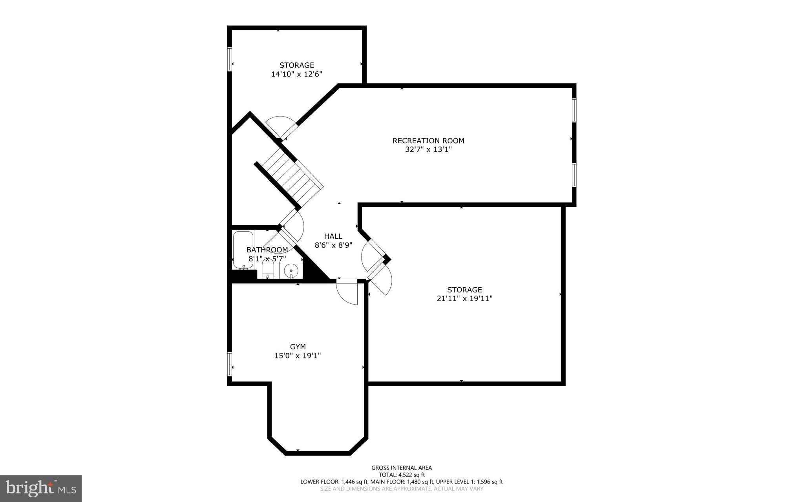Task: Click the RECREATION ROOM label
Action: [x=428, y=141]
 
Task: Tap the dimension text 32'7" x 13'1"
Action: [x=428, y=150]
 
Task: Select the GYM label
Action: [x=298, y=347]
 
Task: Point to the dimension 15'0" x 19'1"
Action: [x=298, y=356]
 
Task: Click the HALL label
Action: [x=333, y=236]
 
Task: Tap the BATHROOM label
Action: [x=267, y=250]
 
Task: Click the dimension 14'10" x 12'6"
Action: [x=296, y=74]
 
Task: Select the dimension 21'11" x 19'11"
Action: [x=464, y=298]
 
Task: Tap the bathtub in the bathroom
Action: [x=243, y=250]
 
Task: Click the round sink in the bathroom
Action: [x=291, y=270]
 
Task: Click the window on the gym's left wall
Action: [x=230, y=364]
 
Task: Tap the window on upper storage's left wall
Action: [x=230, y=59]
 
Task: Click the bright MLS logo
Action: [x=41, y=488]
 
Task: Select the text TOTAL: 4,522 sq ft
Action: [x=402, y=475]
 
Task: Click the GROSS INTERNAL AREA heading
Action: [x=402, y=467]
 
